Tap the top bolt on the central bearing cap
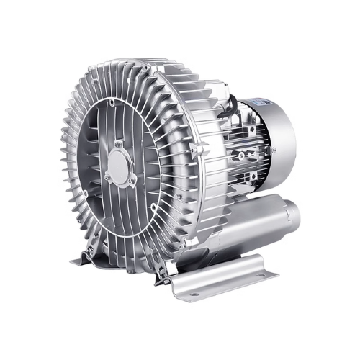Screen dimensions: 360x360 (118, 145)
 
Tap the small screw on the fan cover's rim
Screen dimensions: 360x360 (273, 150)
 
